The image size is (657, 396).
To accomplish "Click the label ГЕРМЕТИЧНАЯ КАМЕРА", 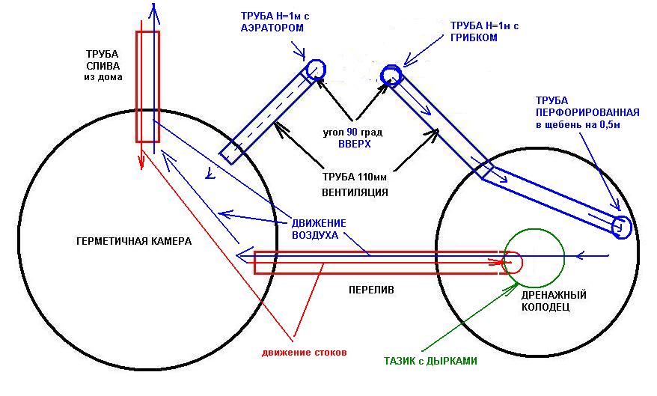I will click(133, 242).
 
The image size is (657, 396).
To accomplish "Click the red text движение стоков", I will click(304, 352).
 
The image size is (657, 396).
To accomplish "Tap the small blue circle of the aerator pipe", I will click(314, 69).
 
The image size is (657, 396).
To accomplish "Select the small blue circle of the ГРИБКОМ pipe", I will click(391, 75).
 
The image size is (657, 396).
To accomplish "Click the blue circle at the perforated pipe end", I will click(620, 227).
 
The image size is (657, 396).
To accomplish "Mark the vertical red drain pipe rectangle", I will click(147, 86).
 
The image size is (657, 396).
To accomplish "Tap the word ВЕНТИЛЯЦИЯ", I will click(354, 192).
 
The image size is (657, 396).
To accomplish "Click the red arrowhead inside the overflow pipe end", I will click(498, 263).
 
